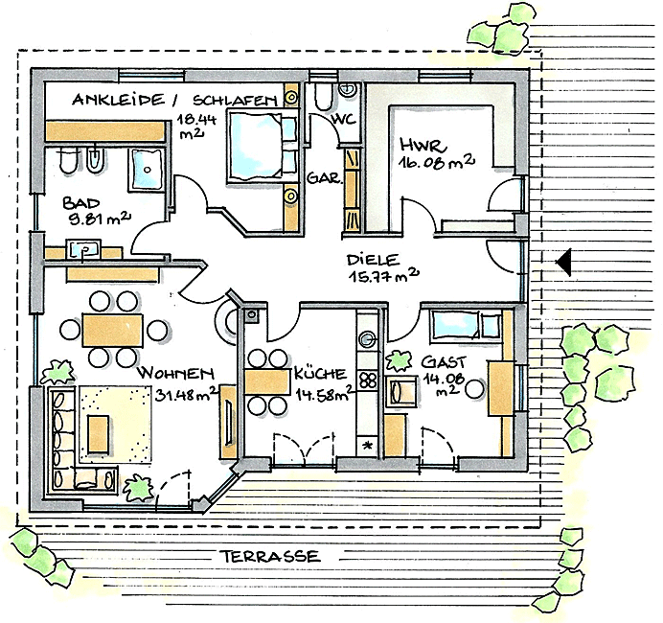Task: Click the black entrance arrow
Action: tap(564, 262)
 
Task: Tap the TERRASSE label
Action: tap(271, 556)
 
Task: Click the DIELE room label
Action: tap(374, 260)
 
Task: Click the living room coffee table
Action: tap(98, 433)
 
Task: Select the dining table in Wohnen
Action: tap(113, 330)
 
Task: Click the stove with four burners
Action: tap(368, 381)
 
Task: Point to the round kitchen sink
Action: tap(367, 338)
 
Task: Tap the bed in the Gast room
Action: tap(466, 325)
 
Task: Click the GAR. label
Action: tap(324, 177)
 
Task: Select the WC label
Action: tap(343, 119)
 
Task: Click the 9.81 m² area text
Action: tap(100, 219)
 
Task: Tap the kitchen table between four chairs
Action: tap(267, 381)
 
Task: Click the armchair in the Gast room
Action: tap(401, 391)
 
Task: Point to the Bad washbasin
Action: tap(83, 249)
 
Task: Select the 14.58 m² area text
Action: tap(325, 393)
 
